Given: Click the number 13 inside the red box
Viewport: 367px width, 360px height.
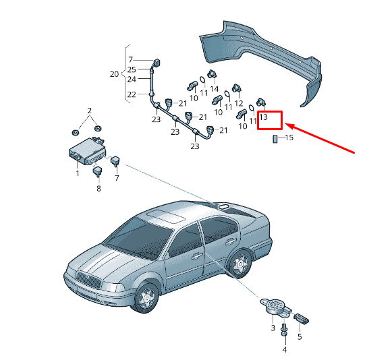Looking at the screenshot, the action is pos(263,117).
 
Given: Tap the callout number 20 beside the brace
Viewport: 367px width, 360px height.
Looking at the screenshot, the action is pos(114,74).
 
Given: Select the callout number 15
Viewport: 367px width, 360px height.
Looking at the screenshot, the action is pos(289,138).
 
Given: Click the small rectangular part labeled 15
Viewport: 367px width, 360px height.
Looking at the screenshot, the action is pos(275,139).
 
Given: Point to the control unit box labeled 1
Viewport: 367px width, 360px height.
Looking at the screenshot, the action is pos(87,151).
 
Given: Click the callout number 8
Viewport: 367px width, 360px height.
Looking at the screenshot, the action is pos(98,188).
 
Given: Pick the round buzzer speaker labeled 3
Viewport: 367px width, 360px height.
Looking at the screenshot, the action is pos(275,307).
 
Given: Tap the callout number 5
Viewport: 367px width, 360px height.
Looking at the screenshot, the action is pos(300,336).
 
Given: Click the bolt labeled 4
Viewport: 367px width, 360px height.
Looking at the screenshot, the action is pos(284,330).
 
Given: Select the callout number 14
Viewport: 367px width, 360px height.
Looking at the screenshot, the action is pos(214,89).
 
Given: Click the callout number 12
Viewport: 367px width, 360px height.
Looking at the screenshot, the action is pos(239,103).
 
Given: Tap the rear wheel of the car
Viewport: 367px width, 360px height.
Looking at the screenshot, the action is pos(240,264).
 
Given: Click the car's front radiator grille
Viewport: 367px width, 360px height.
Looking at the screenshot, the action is pos(88,280).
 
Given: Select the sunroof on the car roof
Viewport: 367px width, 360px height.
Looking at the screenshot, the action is pos(166,216).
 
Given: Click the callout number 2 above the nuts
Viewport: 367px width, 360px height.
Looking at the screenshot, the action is pos(90,111).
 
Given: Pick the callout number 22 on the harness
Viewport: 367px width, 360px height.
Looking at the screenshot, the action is pos(132,94).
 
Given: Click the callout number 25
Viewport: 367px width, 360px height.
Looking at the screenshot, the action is pos(132,69).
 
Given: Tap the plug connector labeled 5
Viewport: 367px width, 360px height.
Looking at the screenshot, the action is pos(302,319).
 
